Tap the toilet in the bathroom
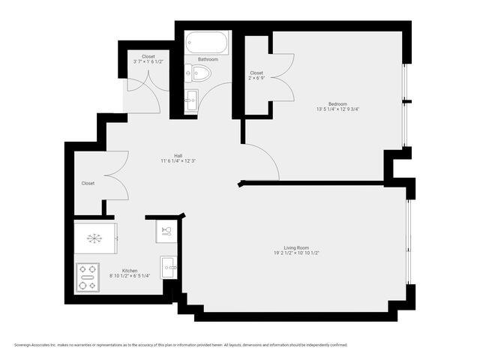pyautogui.click(x=199, y=73)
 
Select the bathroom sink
pyautogui.click(x=191, y=100)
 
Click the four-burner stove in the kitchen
pyautogui.click(x=88, y=277)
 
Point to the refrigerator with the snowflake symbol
pyautogui.click(x=95, y=238)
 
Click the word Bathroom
pyautogui.click(x=208, y=58)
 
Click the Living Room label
pyautogui.click(x=296, y=247)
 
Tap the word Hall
pyautogui.click(x=178, y=155)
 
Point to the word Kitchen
pyautogui.click(x=130, y=270)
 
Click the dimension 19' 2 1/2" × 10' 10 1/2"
pyautogui.click(x=296, y=253)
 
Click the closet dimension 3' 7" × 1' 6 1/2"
pyautogui.click(x=148, y=61)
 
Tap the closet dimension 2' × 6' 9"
pyautogui.click(x=256, y=79)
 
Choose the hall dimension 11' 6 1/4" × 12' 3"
pyautogui.click(x=178, y=161)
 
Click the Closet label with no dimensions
pyautogui.click(x=88, y=183)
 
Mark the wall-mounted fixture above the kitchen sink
pyautogui.click(x=167, y=229)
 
